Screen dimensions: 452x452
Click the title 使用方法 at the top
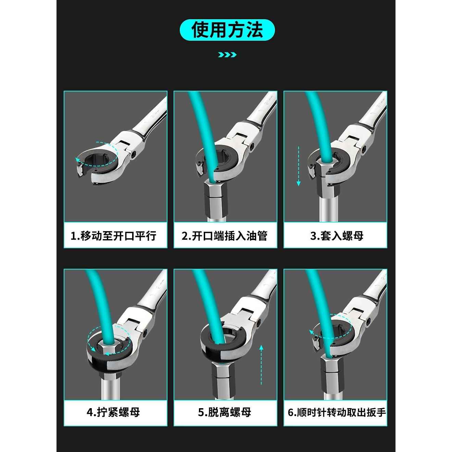coord(227,30)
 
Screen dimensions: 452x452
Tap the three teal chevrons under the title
coord(227,54)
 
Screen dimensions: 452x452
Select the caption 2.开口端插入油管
coord(225,236)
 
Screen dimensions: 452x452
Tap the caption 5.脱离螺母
coord(225,412)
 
